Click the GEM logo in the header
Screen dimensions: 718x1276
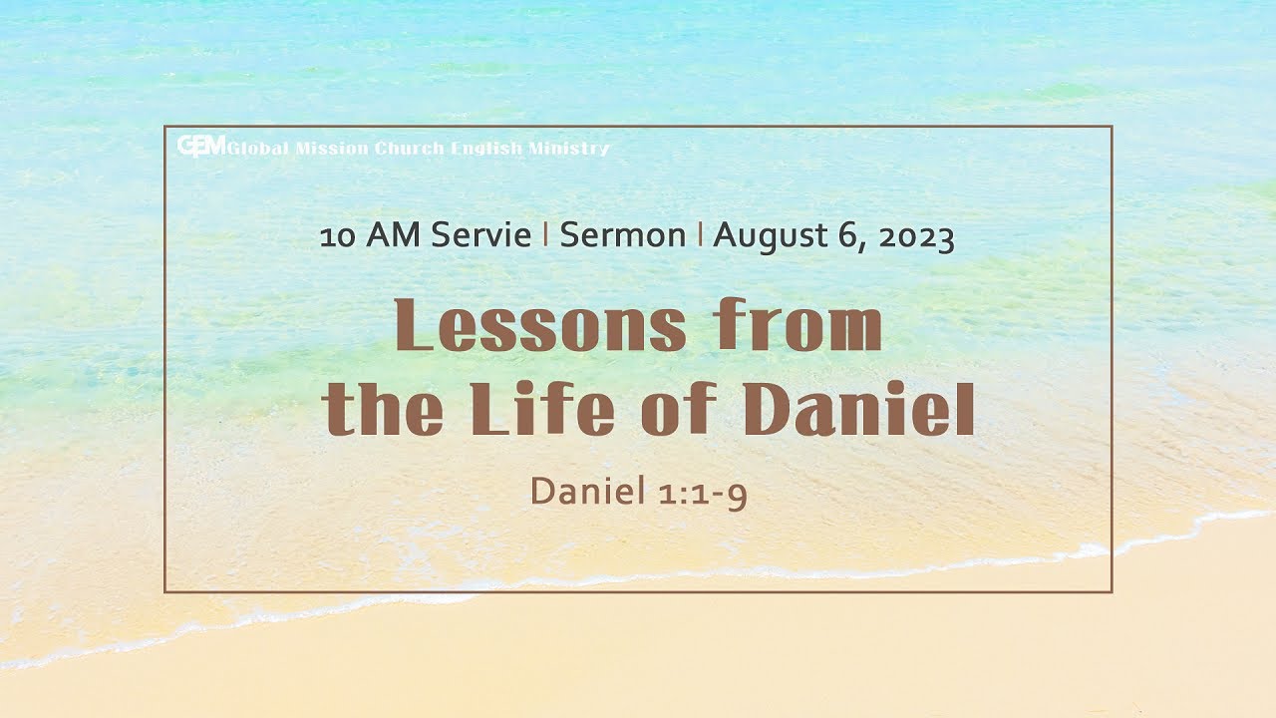[201, 146]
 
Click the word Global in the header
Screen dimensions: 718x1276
[258, 149]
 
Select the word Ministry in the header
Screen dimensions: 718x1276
[569, 149]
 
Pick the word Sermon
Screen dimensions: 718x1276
[622, 236]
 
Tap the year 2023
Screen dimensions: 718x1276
[913, 236]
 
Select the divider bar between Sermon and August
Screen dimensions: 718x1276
[700, 235]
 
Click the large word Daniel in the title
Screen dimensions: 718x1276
[859, 410]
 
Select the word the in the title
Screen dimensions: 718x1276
[385, 410]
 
